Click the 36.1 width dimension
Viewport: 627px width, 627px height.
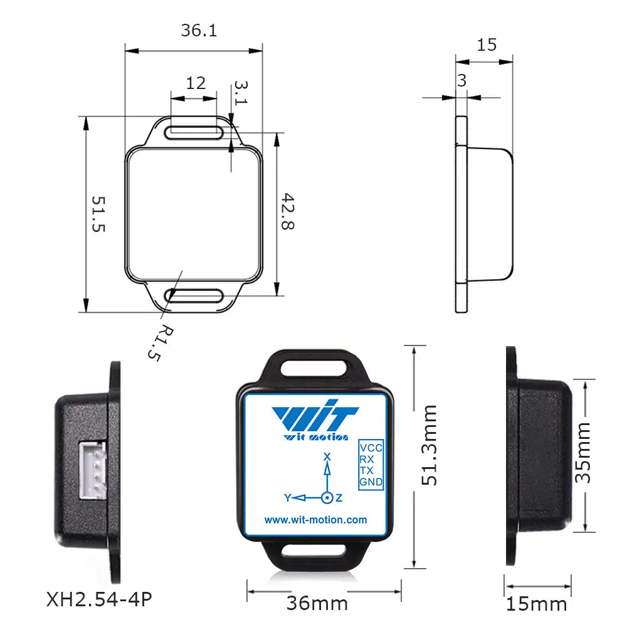point(199,30)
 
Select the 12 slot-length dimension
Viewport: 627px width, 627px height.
point(196,83)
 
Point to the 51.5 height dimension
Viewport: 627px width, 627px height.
point(98,214)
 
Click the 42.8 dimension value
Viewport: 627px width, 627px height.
point(288,211)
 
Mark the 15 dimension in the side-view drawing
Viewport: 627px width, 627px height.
point(487,45)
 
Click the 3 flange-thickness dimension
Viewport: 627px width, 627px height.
point(462,81)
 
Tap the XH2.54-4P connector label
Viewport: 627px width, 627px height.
point(99,599)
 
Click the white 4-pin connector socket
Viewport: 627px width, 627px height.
point(92,470)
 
